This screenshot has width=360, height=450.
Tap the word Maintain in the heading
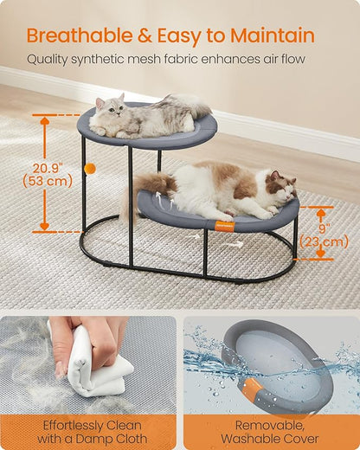[270, 35]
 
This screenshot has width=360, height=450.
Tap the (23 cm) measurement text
[320, 243]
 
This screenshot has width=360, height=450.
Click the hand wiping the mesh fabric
[82, 334]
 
